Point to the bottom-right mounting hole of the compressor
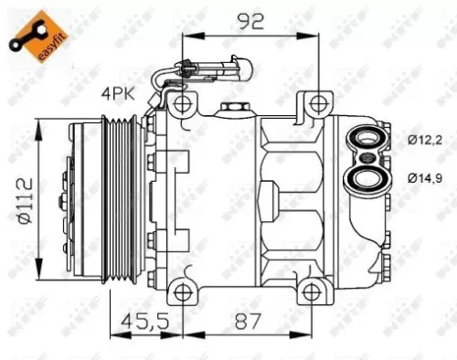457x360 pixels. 315,291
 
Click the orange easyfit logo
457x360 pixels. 27,27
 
